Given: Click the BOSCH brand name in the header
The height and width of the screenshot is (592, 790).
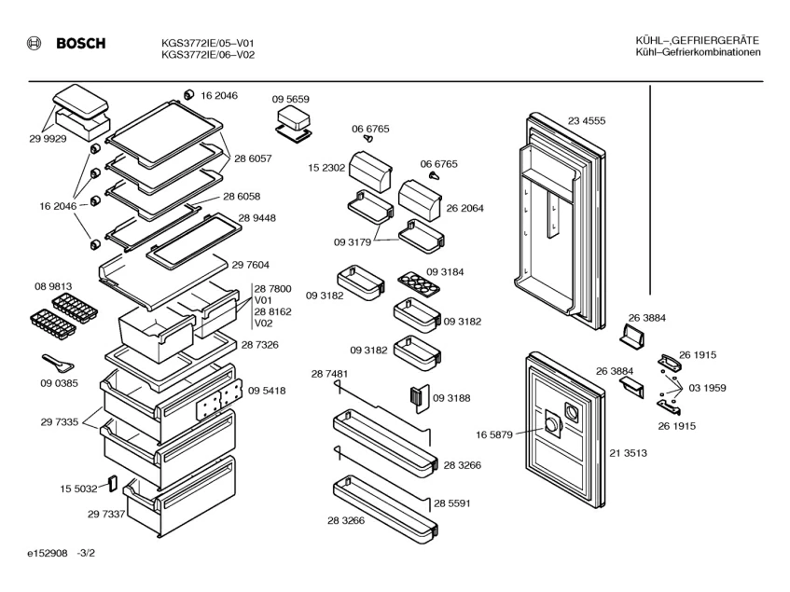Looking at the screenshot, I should tap(82, 43).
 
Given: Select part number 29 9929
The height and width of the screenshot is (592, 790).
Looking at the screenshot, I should tap(47, 138).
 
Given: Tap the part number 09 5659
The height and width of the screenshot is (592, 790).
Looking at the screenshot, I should tap(290, 99).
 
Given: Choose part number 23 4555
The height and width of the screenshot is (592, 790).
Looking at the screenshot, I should tap(586, 120).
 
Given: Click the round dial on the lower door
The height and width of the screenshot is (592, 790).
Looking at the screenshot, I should tap(554, 425).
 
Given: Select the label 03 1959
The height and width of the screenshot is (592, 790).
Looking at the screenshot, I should tap(707, 388).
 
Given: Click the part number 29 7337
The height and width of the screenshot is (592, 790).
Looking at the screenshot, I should tap(107, 514).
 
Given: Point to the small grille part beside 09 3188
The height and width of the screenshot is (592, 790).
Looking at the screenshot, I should tap(416, 397).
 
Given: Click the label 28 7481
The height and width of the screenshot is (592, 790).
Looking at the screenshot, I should tap(329, 374).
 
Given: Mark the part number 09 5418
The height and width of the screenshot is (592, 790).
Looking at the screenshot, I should tap(267, 391).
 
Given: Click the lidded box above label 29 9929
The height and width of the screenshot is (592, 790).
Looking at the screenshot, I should tap(79, 109).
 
